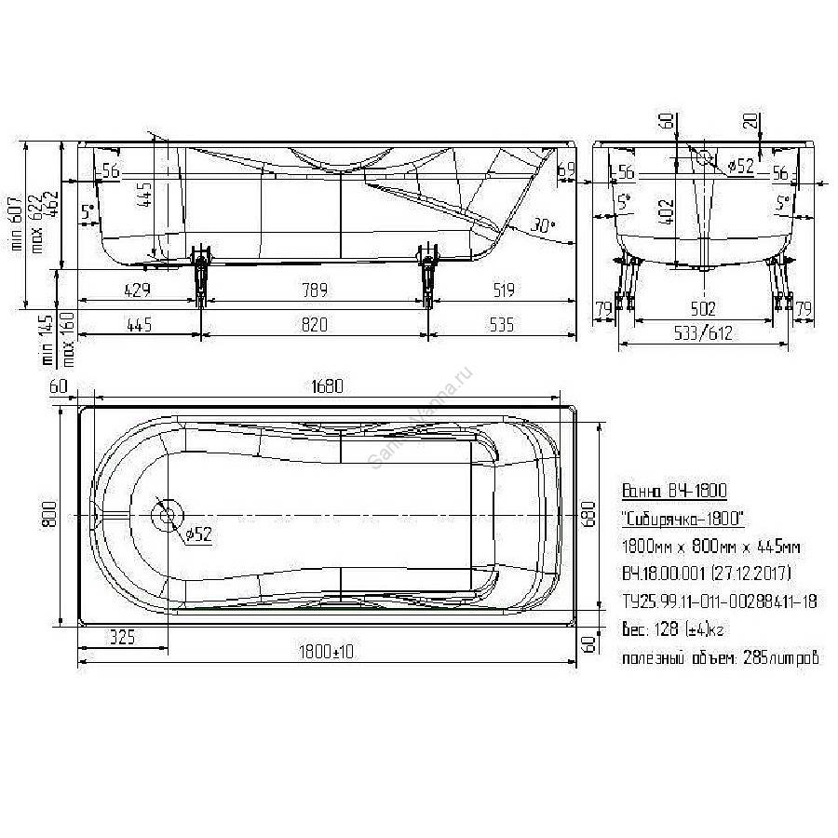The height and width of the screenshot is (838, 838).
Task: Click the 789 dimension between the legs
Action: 314,291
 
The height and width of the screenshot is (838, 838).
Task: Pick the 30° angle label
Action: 541,225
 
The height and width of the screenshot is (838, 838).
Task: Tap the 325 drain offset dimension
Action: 123,636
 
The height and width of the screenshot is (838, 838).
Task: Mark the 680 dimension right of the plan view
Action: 585,515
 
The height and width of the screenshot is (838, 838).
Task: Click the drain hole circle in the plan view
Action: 168,515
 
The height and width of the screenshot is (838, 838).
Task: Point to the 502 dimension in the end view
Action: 703,308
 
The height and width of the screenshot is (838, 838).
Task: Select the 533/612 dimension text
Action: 703,331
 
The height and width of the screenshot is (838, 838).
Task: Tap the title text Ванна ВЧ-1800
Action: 672,491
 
